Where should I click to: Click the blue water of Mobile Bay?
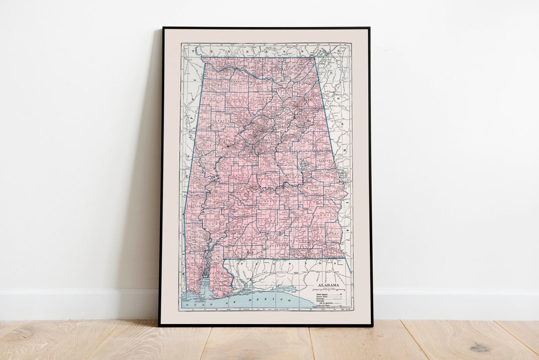(x=206, y=285)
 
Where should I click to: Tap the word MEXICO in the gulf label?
(x=278, y=300)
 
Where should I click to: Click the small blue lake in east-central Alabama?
(x=303, y=164)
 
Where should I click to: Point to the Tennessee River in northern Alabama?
(x=235, y=70)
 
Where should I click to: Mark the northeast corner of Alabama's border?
(x=315, y=57)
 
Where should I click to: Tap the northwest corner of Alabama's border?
(x=202, y=57)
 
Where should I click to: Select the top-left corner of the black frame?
(x=163, y=28)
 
